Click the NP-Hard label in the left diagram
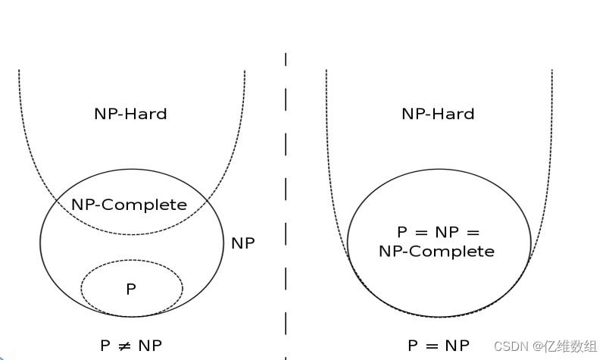point(130,114)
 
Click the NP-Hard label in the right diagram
point(438,114)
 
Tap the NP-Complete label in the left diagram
point(129,205)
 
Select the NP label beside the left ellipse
point(243,243)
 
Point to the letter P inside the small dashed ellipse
point(131,289)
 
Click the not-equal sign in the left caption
point(125,346)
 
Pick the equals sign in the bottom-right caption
point(433,346)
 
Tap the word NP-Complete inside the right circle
point(436,251)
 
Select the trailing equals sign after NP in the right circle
point(475,232)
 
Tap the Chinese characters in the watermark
point(570,346)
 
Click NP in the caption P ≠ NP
point(149,346)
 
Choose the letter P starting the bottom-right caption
point(413,346)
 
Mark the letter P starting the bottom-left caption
point(105,346)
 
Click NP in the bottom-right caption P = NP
point(457,346)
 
